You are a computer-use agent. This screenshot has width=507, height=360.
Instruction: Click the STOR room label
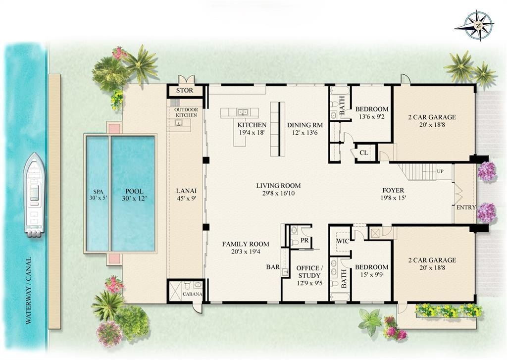[x=186, y=91]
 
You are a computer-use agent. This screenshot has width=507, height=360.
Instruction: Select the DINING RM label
[x=305, y=125]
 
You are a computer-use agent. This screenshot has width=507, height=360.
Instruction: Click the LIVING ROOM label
[x=278, y=190]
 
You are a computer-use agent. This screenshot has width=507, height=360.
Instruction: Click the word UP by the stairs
[x=440, y=171]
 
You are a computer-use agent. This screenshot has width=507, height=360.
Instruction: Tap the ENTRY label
[x=466, y=207]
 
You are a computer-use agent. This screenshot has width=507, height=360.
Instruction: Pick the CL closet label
[x=363, y=153]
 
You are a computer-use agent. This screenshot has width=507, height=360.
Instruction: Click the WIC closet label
[x=344, y=241]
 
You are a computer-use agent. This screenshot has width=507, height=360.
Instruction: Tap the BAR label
[x=273, y=267]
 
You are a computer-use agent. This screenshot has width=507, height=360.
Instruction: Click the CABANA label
[x=192, y=294]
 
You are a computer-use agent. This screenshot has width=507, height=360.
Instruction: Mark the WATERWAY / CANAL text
[x=28, y=290]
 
